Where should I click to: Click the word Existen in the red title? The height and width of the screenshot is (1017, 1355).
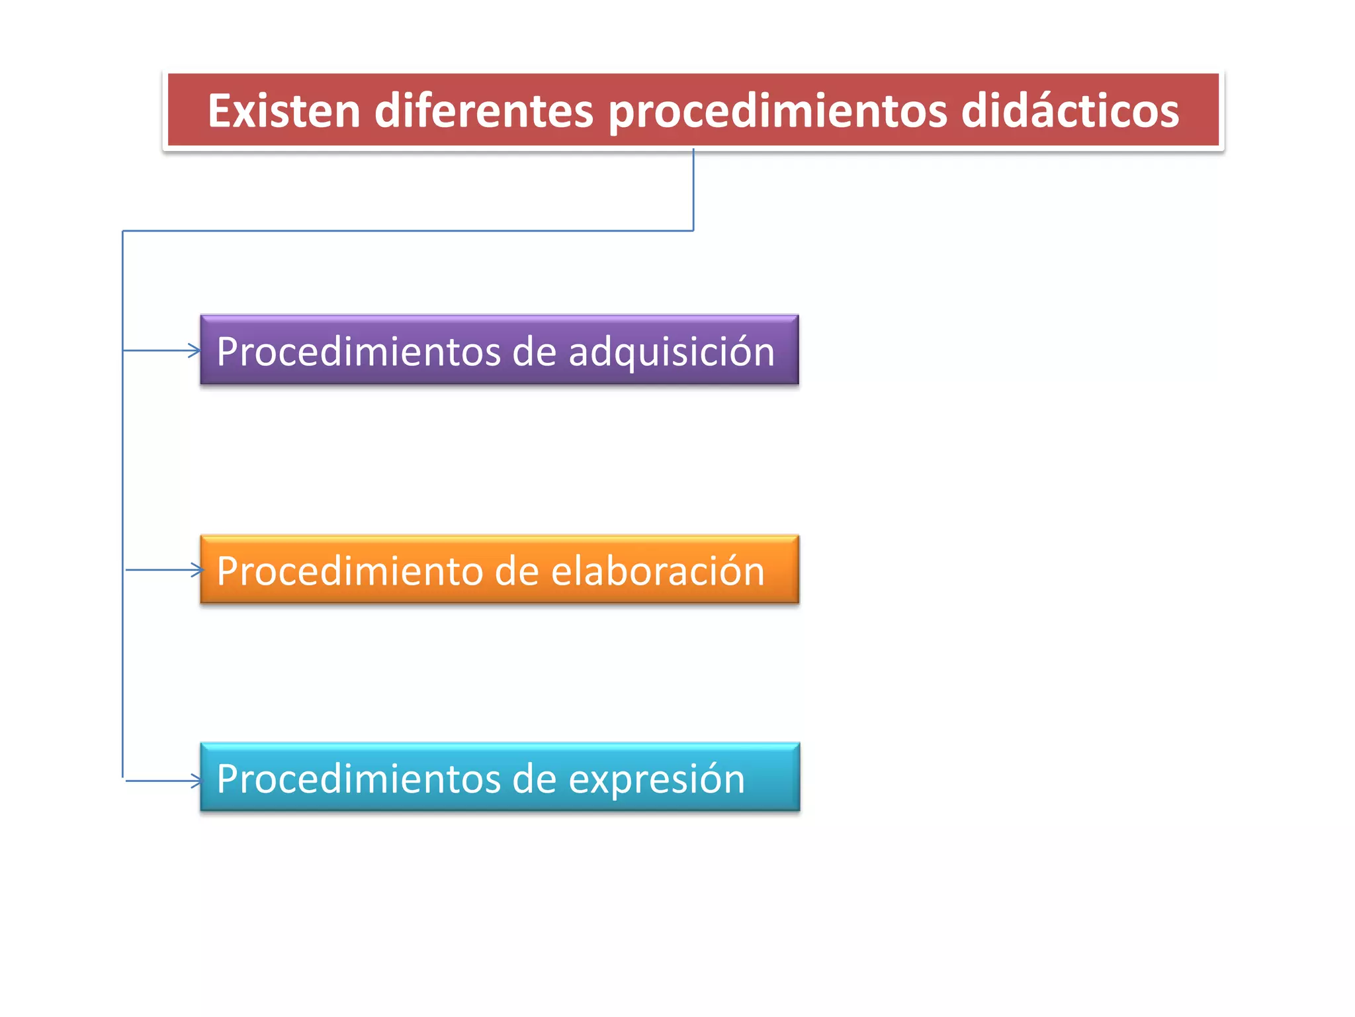284,111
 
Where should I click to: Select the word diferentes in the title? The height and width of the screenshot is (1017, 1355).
484,111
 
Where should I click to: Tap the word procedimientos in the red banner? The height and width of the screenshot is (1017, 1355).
778,112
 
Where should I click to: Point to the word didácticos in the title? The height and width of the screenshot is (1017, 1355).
1069,111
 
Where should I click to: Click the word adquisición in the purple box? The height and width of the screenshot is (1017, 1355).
671,352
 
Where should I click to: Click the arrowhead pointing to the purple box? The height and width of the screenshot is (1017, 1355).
195,350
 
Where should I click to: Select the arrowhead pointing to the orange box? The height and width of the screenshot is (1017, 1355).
197,569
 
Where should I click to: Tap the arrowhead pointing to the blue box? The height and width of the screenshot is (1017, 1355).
197,781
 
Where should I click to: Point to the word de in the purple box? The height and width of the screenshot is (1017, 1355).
534,351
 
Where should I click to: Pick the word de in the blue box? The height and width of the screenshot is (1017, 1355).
534,779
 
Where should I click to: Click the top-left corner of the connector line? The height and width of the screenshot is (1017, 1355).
123,231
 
